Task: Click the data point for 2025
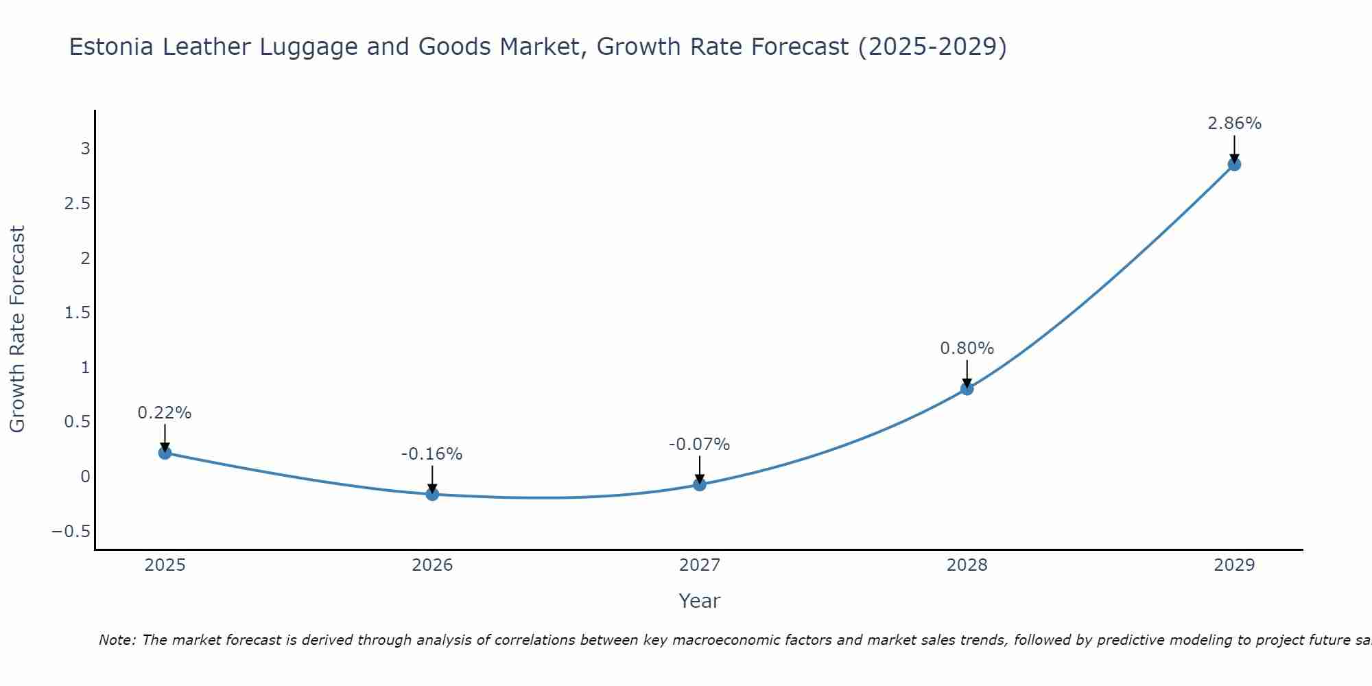coord(165,453)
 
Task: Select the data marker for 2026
coord(432,494)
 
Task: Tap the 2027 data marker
coord(700,484)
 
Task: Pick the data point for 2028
coord(967,389)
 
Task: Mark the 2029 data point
coord(1234,165)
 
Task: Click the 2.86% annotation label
coord(1234,123)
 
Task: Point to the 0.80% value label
coord(967,348)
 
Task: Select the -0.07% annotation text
coord(699,445)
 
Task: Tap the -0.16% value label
coord(431,454)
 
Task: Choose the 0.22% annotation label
coord(165,413)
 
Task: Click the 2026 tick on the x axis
coord(432,565)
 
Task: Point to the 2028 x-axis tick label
coord(967,565)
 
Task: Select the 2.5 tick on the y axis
coord(77,204)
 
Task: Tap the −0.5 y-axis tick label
coord(71,532)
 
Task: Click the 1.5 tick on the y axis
coord(77,313)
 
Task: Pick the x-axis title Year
coord(699,601)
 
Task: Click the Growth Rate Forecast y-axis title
coord(17,329)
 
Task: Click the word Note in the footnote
coord(117,640)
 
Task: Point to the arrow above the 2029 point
coord(1234,147)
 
